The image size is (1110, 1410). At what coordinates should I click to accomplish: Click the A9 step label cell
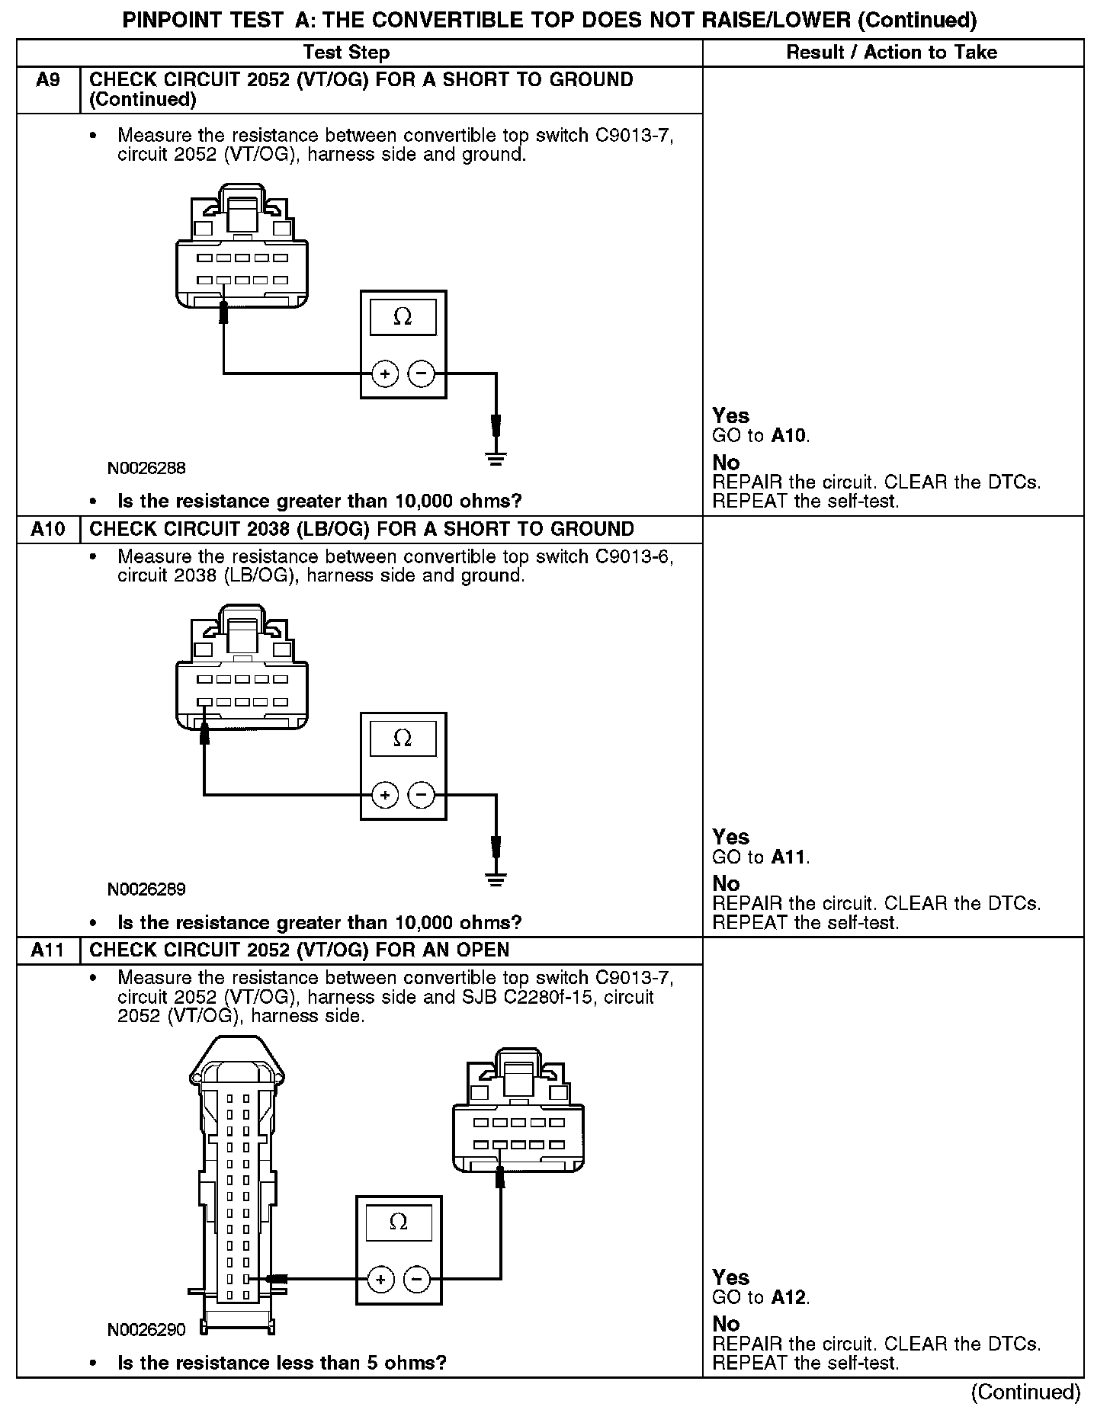pyautogui.click(x=48, y=80)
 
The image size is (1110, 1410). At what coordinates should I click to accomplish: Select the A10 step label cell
pyautogui.click(x=48, y=529)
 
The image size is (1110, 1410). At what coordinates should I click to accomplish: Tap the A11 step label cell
pyautogui.click(x=48, y=950)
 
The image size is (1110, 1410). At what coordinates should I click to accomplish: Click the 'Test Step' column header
pyautogui.click(x=346, y=53)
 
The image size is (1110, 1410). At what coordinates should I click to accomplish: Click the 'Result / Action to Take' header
pyautogui.click(x=891, y=53)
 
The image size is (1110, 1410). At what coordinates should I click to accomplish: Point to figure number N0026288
pyautogui.click(x=146, y=468)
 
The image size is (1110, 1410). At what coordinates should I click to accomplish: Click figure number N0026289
pyautogui.click(x=146, y=889)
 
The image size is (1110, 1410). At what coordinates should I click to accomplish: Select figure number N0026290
pyautogui.click(x=146, y=1330)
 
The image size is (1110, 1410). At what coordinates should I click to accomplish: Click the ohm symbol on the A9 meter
pyautogui.click(x=403, y=317)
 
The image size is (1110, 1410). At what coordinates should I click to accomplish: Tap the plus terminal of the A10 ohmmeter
pyautogui.click(x=385, y=796)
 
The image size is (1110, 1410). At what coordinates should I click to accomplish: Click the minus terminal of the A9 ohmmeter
pyautogui.click(x=422, y=374)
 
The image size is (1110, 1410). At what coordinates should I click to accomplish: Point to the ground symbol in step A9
pyautogui.click(x=496, y=458)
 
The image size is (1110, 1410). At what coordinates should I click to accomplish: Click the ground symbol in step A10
pyautogui.click(x=496, y=880)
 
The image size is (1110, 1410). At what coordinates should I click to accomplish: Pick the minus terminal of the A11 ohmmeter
pyautogui.click(x=416, y=1279)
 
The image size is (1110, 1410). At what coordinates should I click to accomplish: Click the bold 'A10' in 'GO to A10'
pyautogui.click(x=789, y=436)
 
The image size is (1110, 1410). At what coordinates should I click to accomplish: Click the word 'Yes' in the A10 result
pyautogui.click(x=730, y=837)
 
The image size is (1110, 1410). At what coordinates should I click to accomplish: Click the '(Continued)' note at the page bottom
pyautogui.click(x=1025, y=1392)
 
